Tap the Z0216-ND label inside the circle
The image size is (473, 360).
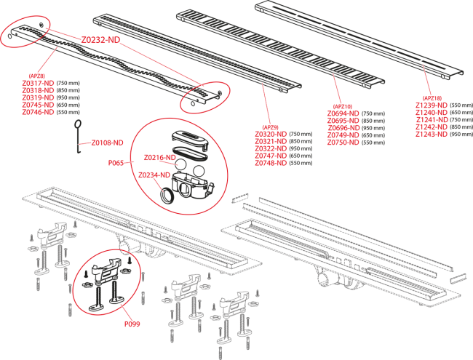pos(159,157)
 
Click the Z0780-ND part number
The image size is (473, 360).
pos(343,143)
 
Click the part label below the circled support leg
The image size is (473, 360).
pos(132,324)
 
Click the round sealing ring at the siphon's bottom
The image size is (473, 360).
pos(166,194)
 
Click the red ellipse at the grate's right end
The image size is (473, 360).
pos(204,97)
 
